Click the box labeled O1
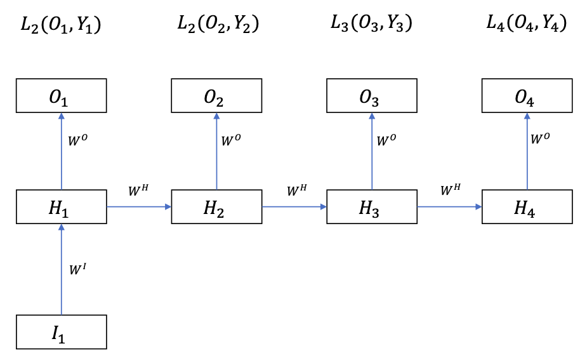click(x=61, y=95)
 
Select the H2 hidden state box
click(x=216, y=206)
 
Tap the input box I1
click(x=61, y=331)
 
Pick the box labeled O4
click(x=527, y=95)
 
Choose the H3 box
click(x=372, y=206)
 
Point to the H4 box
click(x=527, y=206)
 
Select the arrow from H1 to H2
click(x=139, y=206)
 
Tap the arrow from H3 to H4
click(x=449, y=206)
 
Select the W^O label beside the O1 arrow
click(x=77, y=139)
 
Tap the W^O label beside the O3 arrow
click(x=387, y=139)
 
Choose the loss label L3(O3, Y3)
click(x=372, y=23)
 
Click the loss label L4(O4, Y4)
click(x=527, y=23)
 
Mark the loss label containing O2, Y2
click(x=218, y=23)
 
